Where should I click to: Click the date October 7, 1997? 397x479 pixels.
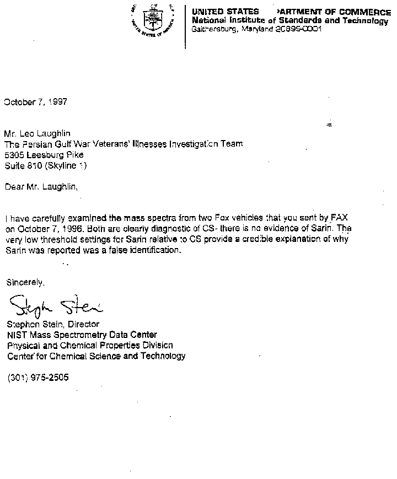(x=36, y=102)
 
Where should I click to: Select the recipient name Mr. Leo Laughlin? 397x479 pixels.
(x=37, y=133)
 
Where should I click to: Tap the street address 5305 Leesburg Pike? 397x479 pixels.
(x=44, y=154)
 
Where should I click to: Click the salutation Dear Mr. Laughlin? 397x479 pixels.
(x=41, y=186)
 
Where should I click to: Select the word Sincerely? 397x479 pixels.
(x=25, y=282)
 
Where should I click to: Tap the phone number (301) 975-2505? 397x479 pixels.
(x=39, y=378)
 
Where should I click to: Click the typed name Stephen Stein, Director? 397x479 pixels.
(x=53, y=324)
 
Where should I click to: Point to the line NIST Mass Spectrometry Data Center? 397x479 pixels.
(x=82, y=335)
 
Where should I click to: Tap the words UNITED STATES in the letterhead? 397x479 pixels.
(x=225, y=12)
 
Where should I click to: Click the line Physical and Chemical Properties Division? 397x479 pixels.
(x=90, y=345)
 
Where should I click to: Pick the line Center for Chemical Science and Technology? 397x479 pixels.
(x=96, y=356)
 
